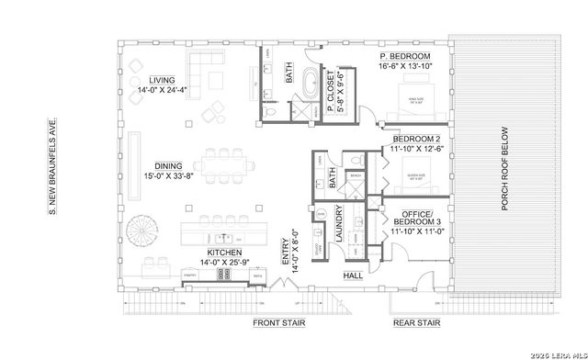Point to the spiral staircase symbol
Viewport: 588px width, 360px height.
144,227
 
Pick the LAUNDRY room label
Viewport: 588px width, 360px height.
338,224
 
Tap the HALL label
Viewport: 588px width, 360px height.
353,275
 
